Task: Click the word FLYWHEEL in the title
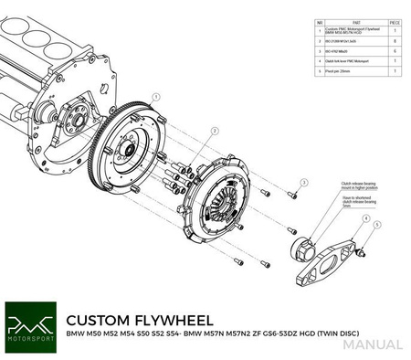(172, 321)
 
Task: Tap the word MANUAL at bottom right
(374, 344)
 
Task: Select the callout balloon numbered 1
(157, 95)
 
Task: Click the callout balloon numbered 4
(363, 218)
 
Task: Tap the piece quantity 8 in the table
(393, 42)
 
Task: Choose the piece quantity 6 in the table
(393, 52)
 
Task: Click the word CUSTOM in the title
(96, 321)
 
